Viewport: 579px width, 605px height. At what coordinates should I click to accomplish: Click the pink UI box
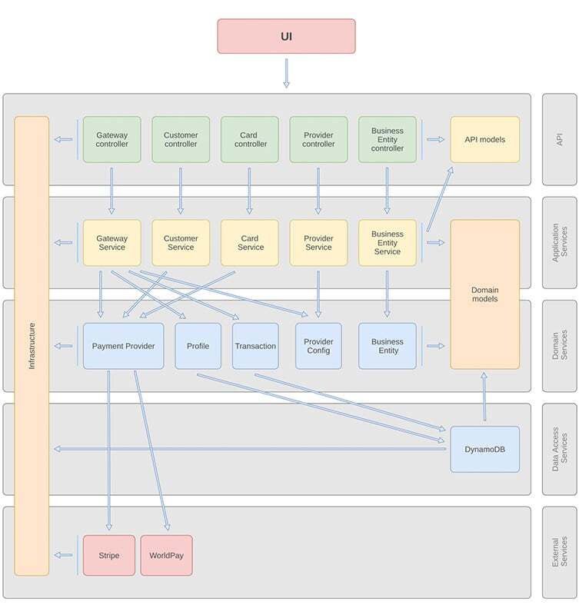(286, 36)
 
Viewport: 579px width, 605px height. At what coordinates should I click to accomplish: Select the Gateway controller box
(111, 139)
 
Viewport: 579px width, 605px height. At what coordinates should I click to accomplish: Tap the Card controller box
(250, 139)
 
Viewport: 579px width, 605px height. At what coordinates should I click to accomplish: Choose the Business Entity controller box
(387, 139)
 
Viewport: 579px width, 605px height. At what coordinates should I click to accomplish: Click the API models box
(484, 139)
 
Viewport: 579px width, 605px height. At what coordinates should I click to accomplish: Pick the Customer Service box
(181, 243)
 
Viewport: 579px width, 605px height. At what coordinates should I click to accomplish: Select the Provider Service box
(318, 243)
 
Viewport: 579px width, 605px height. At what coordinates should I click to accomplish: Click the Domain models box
(484, 294)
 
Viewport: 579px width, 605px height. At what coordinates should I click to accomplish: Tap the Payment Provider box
(123, 346)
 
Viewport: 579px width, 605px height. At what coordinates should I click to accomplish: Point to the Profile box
(198, 346)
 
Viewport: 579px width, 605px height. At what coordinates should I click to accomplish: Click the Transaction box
(255, 346)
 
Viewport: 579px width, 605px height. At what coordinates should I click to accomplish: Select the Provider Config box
(318, 346)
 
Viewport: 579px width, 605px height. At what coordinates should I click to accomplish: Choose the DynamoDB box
(484, 449)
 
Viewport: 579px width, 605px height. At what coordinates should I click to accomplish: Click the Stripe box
(108, 555)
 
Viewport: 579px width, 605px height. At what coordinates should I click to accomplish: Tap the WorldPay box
(166, 555)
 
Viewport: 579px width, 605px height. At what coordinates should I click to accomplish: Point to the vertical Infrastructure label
(32, 346)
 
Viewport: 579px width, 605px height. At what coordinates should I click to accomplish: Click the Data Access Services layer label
(559, 449)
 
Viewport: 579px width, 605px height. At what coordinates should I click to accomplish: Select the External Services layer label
(559, 552)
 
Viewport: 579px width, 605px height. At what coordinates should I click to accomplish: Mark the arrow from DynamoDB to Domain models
(484, 397)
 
